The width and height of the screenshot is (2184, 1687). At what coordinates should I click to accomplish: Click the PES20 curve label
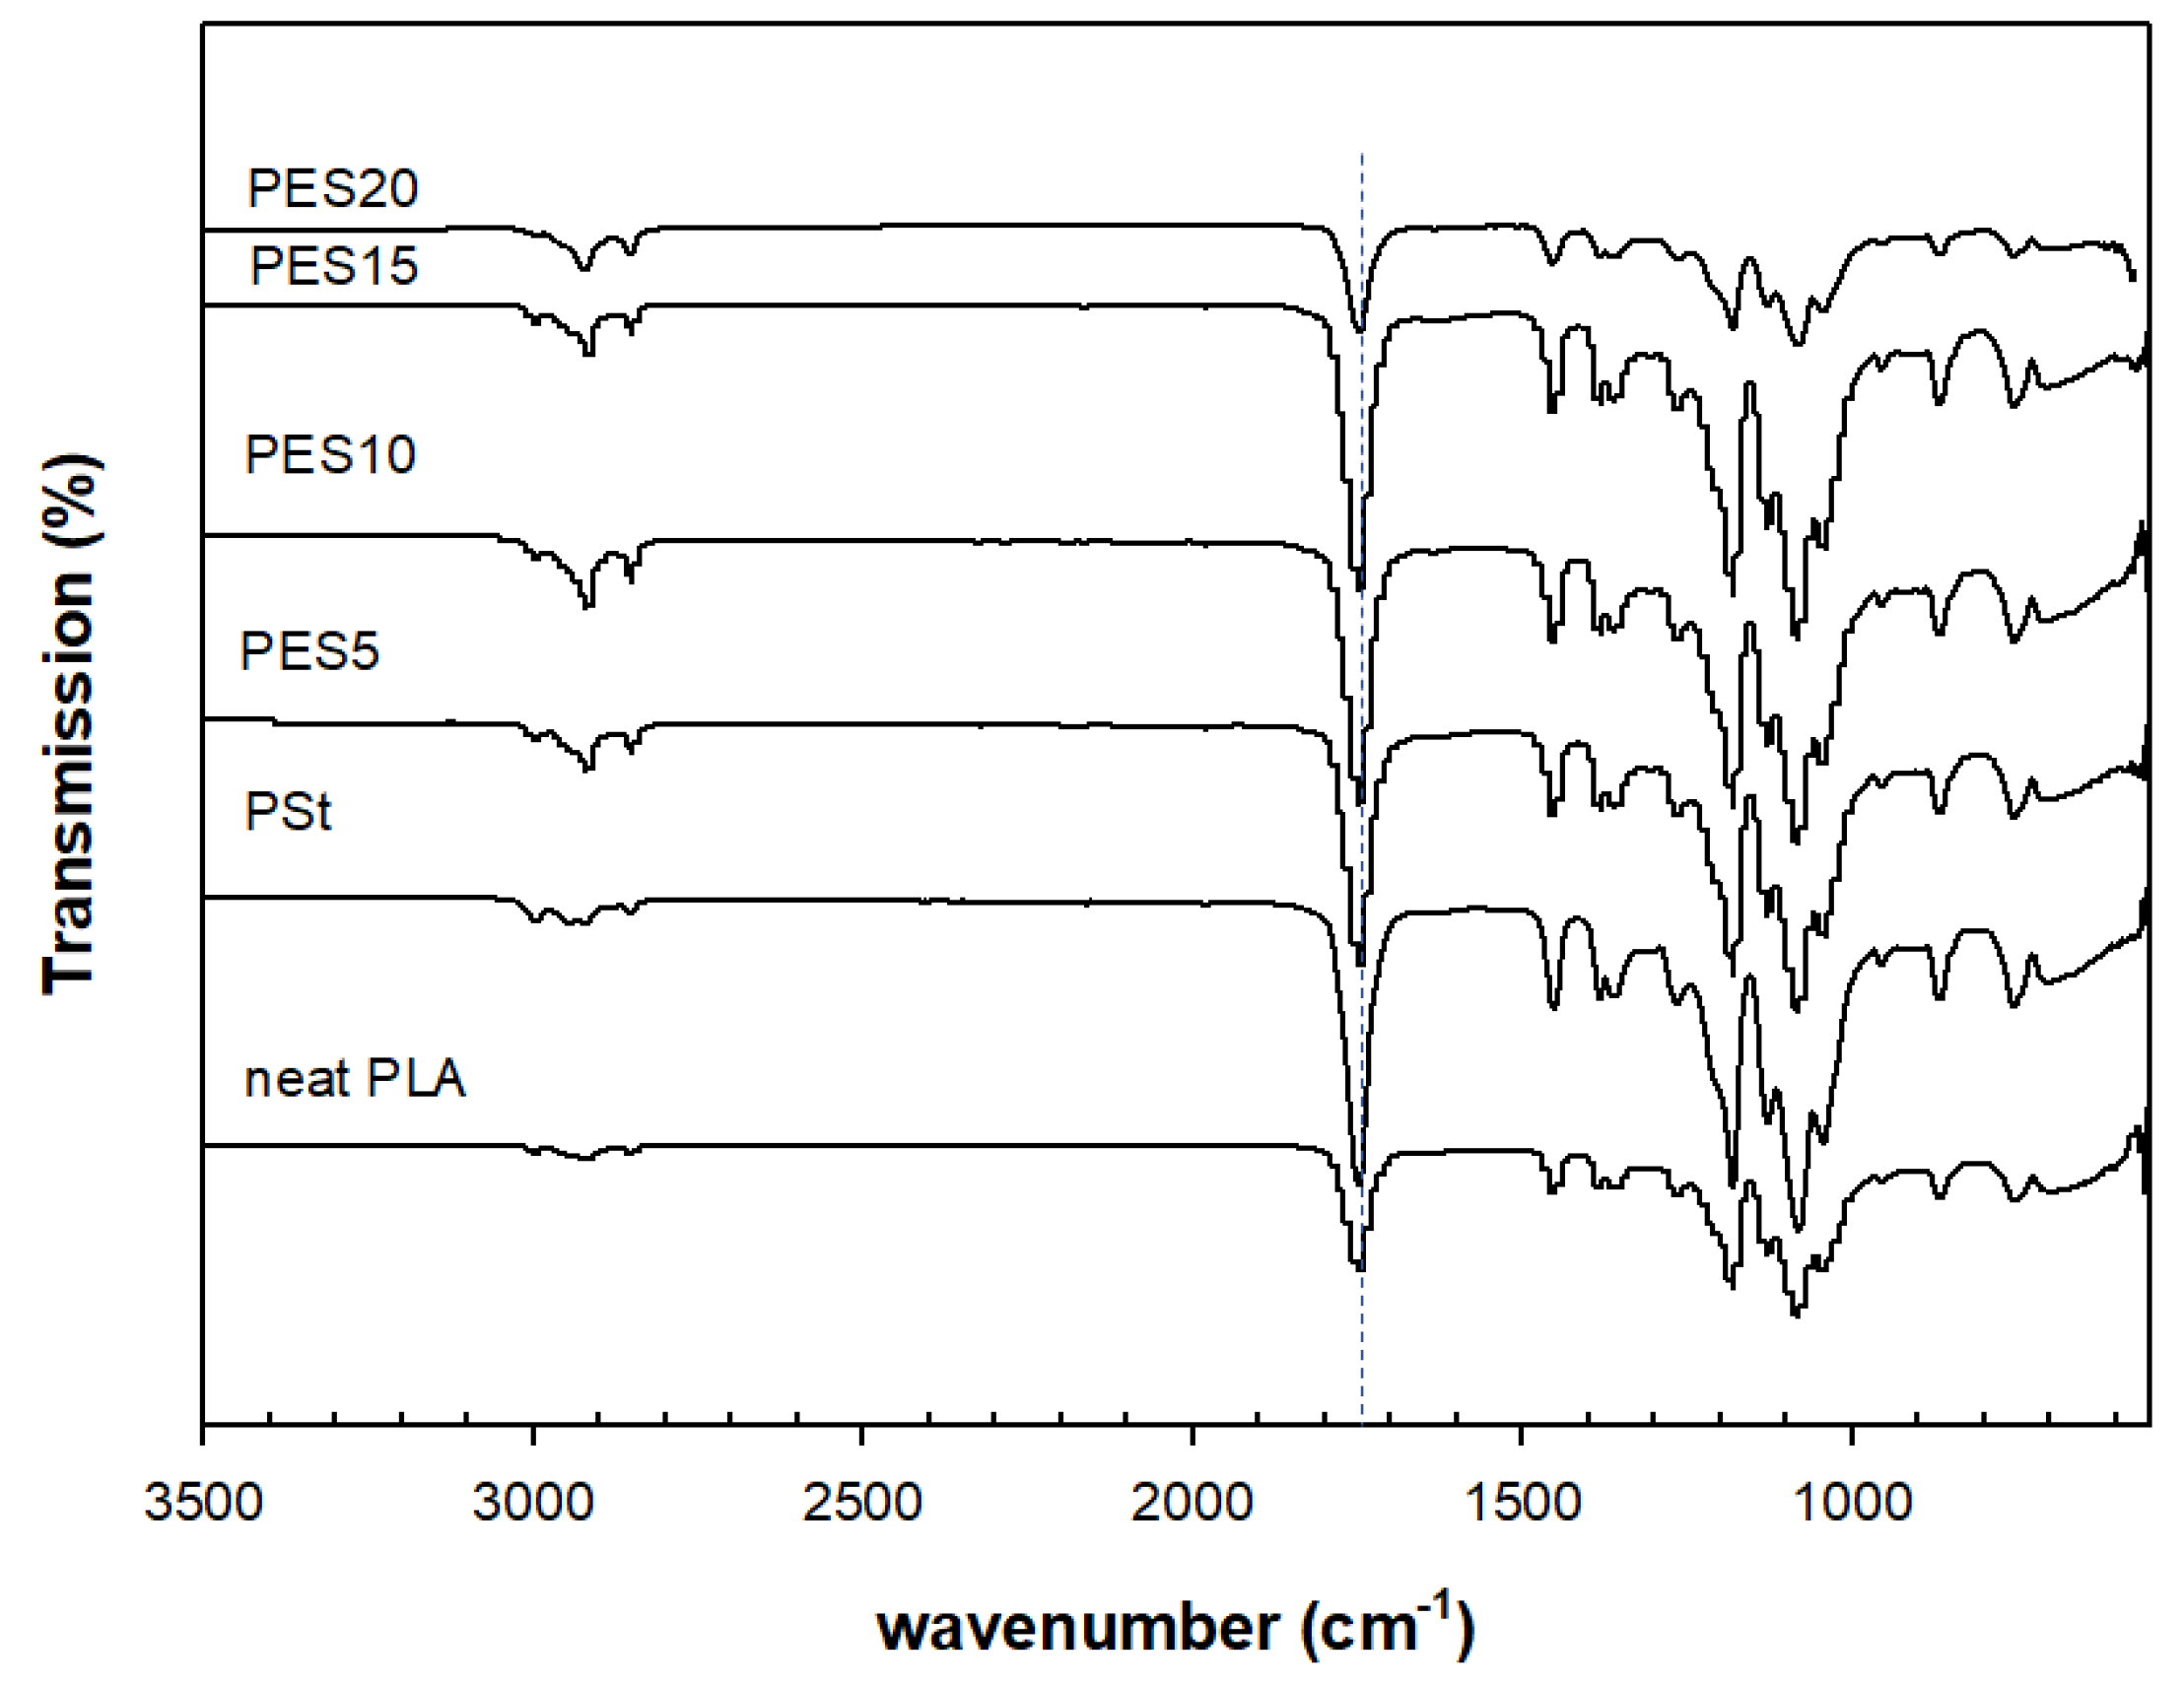coord(332,189)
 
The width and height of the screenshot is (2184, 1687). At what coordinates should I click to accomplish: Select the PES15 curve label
coord(333,266)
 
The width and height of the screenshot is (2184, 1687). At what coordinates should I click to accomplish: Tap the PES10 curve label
coord(329,455)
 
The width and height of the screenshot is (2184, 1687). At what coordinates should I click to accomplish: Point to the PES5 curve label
coord(310,652)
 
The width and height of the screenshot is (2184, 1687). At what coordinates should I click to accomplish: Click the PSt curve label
coord(287,811)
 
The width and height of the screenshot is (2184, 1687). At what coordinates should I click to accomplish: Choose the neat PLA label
coord(355,1080)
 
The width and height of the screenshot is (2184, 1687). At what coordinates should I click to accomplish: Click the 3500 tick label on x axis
coord(203,1503)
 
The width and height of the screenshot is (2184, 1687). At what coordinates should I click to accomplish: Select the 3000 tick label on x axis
coord(533,1503)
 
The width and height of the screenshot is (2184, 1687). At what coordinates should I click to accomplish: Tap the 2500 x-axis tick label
coord(862,1503)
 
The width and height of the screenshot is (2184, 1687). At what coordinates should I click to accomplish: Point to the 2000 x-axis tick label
coord(1191,1503)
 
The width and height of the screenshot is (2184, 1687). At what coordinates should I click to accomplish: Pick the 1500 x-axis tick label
coord(1521,1503)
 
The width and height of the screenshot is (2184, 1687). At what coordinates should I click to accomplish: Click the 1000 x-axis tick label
coord(1851,1503)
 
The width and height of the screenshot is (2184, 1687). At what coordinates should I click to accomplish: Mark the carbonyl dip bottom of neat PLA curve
coord(1359,1268)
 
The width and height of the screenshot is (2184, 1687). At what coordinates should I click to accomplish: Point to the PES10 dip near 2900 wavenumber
coord(588,606)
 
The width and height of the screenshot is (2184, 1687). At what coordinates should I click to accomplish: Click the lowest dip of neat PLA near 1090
coord(1796,1314)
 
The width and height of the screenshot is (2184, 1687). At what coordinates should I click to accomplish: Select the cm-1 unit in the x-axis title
coord(1387,1626)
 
